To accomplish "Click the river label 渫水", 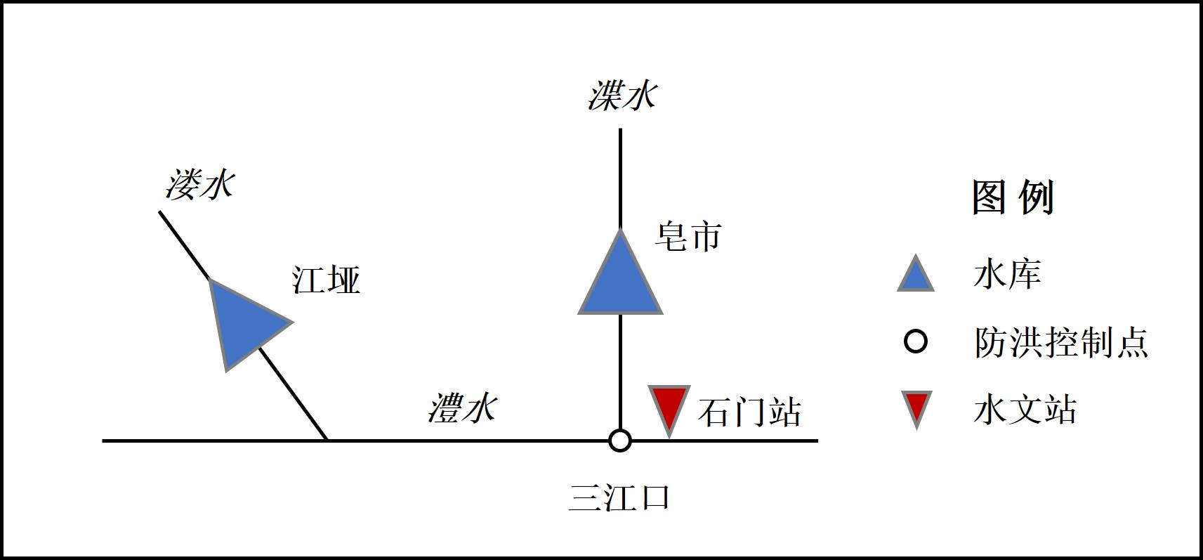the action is tap(622, 96).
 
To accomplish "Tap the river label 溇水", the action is tap(200, 185).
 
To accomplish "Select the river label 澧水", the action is tap(463, 408).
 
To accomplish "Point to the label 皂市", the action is tap(688, 237).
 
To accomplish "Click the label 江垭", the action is tap(326, 280).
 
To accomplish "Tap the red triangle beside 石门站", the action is tap(669, 406).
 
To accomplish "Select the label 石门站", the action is tap(749, 412).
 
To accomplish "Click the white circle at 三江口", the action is tap(619, 441).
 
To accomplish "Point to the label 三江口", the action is tap(619, 497).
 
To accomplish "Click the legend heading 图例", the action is tap(1013, 197).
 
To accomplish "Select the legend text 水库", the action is tap(1007, 273).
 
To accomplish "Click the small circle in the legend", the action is tap(916, 342).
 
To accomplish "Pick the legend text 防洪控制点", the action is tap(1060, 342).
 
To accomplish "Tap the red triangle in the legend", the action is tap(916, 408).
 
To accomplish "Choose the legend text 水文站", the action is tap(1025, 409).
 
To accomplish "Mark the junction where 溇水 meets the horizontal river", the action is tap(327, 441).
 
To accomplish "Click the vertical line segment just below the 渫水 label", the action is tap(620, 176).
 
